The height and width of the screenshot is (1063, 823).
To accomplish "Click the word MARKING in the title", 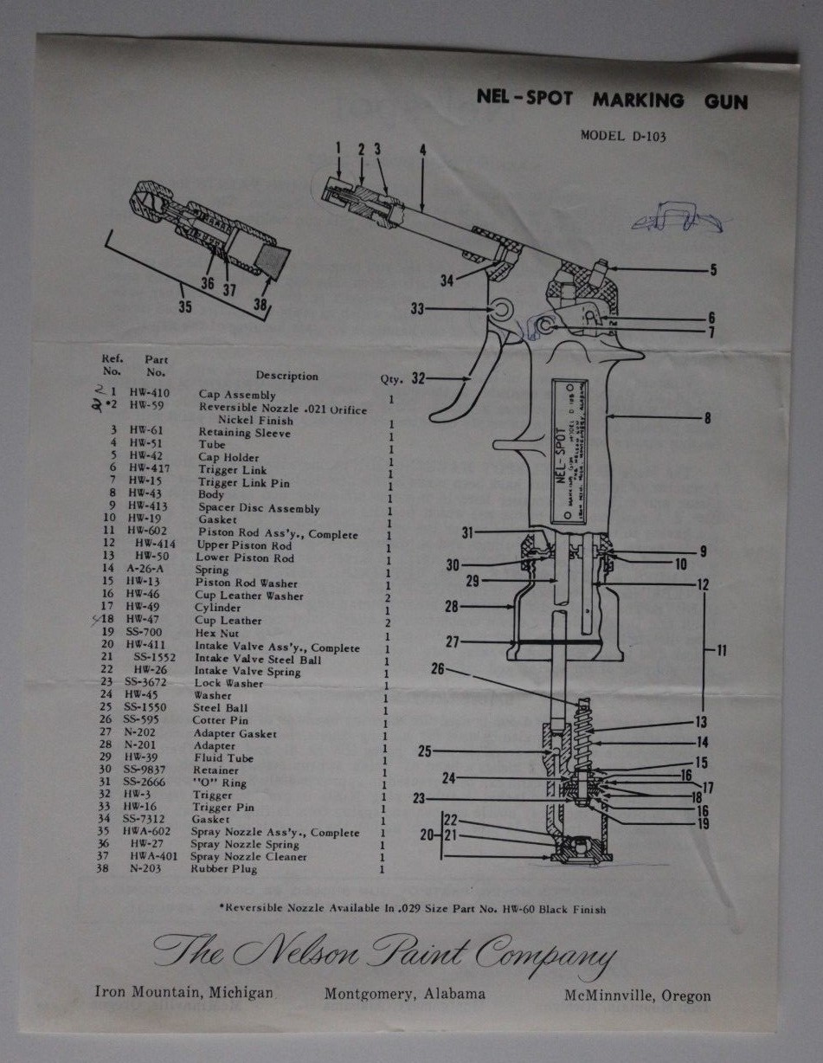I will click(x=638, y=100).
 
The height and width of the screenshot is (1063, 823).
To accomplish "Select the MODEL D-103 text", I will click(x=623, y=135).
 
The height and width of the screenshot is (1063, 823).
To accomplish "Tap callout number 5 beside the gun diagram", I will click(x=713, y=270).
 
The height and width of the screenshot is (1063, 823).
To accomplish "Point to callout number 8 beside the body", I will click(x=707, y=419).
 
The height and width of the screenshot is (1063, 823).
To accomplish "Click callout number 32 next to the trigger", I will click(x=419, y=378).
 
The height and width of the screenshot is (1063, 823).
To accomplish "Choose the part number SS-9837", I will click(x=145, y=770).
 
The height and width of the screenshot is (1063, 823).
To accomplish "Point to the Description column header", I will click(x=286, y=376).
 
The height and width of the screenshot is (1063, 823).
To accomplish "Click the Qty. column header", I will click(x=391, y=378).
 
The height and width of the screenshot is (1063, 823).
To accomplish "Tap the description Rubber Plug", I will click(x=223, y=869).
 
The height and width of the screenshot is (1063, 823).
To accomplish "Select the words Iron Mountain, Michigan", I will click(x=184, y=993).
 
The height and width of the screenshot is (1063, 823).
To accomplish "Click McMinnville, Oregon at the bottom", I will click(x=638, y=995).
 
